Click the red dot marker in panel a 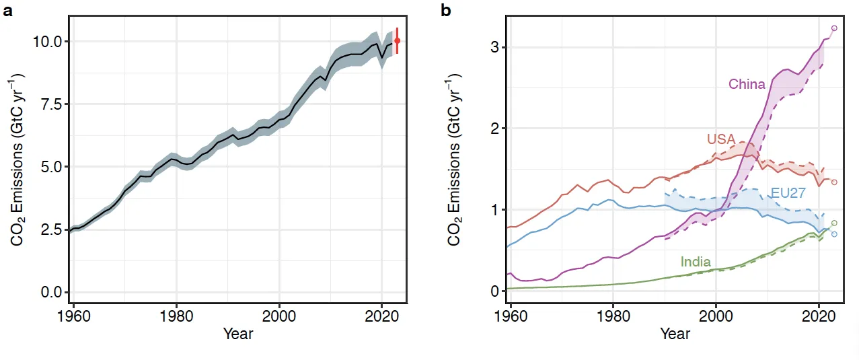click(x=397, y=40)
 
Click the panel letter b click(x=445, y=11)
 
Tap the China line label click(x=747, y=84)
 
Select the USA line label click(x=720, y=139)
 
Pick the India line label click(x=696, y=262)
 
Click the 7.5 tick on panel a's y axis click(x=48, y=104)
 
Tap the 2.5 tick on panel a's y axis click(x=48, y=229)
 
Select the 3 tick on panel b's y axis click(x=494, y=47)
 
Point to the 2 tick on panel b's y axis click(x=494, y=129)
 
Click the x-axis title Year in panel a click(x=237, y=334)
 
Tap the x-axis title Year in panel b click(x=675, y=334)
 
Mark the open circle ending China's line click(x=834, y=28)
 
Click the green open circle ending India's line click(x=834, y=223)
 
